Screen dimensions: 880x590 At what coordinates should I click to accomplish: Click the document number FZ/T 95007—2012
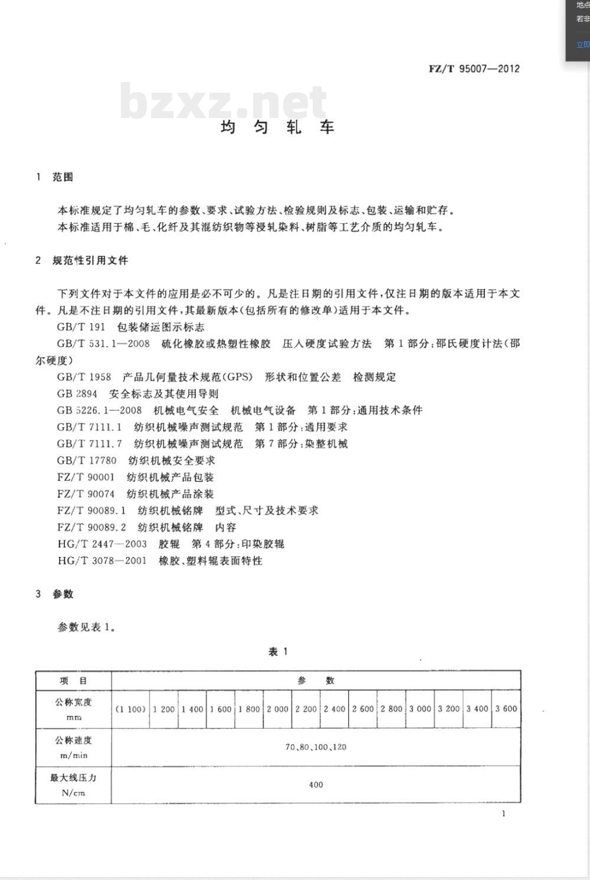tap(474, 69)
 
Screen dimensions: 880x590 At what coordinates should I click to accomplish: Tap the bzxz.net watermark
tap(223, 101)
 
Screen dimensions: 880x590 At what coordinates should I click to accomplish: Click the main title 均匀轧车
tap(277, 127)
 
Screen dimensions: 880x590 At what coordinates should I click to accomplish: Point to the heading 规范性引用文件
tap(90, 260)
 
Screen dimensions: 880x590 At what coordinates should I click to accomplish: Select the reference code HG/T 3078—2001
tap(102, 560)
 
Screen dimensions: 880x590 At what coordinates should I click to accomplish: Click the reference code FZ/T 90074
tap(86, 494)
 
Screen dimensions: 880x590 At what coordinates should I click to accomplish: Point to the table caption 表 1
tap(278, 651)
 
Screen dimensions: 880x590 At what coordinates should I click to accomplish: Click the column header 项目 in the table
tap(73, 680)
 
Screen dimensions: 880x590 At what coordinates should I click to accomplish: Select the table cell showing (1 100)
tap(130, 709)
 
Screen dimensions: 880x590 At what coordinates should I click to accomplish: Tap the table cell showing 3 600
tap(506, 709)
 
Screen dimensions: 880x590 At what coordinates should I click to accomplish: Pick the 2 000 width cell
tap(277, 709)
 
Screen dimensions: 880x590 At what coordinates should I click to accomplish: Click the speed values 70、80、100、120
tap(316, 747)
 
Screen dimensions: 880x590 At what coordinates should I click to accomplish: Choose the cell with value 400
tap(316, 785)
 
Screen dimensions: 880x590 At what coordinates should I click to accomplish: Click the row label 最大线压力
tap(73, 778)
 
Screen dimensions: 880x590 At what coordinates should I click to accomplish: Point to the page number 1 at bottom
tap(503, 814)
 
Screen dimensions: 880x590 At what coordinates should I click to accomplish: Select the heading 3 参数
tap(54, 594)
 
